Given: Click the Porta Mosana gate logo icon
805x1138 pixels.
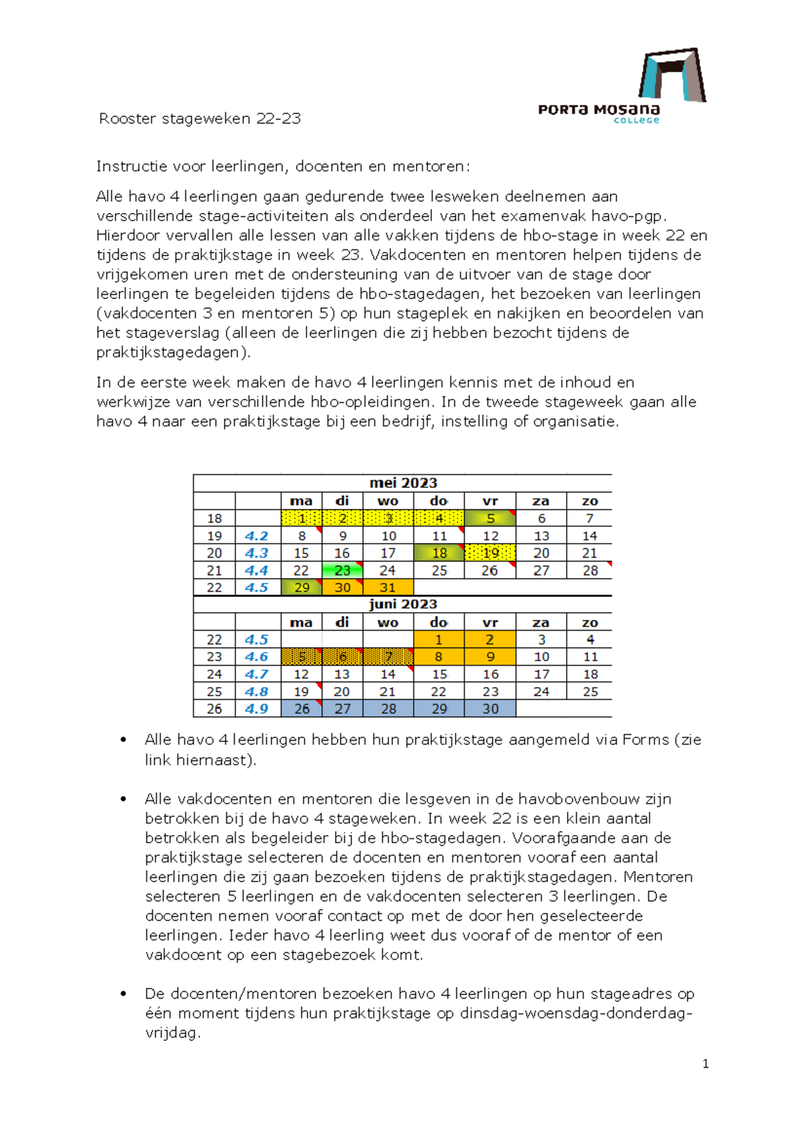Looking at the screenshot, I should click(x=672, y=74).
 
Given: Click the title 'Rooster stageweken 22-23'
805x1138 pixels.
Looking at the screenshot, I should click(x=200, y=119).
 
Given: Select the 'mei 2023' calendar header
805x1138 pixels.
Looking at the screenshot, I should click(x=402, y=483).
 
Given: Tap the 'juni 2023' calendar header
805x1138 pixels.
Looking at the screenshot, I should click(x=402, y=604).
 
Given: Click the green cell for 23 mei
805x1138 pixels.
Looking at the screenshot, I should click(x=342, y=570).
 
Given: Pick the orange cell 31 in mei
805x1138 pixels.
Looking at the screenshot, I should click(x=388, y=588).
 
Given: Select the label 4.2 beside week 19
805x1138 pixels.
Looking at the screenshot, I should click(x=257, y=536).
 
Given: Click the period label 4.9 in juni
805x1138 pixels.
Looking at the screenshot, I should click(x=257, y=708).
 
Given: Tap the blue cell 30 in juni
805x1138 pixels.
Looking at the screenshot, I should click(x=490, y=708).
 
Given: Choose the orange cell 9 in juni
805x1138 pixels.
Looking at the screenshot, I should click(x=490, y=657).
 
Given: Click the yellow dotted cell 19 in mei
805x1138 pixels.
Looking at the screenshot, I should click(x=490, y=553).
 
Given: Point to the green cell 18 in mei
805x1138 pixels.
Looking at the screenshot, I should click(x=439, y=553).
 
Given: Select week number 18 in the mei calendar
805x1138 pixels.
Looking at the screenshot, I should click(x=214, y=519).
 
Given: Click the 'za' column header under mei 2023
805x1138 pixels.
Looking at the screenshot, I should click(x=541, y=501).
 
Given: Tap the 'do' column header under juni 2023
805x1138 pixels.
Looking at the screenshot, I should click(x=439, y=623).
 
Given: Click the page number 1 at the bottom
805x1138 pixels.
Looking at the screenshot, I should click(x=705, y=1064).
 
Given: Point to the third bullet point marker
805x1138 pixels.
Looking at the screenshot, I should click(x=123, y=994).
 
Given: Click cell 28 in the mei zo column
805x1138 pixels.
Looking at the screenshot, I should click(x=590, y=570).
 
